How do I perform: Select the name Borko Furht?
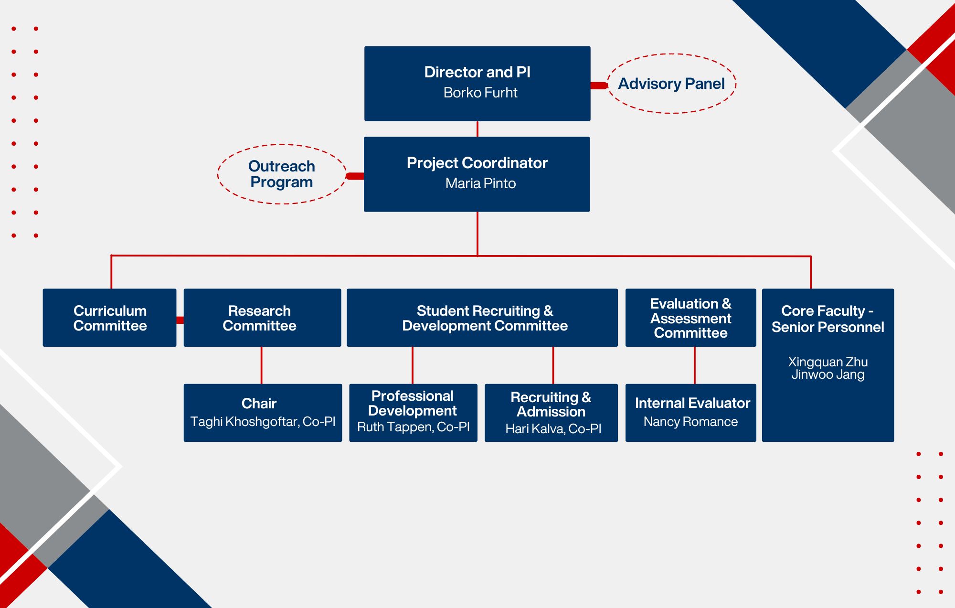coord(480,93)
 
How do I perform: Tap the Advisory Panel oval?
coord(671,84)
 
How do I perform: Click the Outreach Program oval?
coord(282,174)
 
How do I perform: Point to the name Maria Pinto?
coord(480,183)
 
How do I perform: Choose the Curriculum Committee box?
coord(110,318)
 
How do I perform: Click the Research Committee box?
coord(262,318)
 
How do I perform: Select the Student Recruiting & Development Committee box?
coord(482,318)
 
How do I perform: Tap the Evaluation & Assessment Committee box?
coord(690,318)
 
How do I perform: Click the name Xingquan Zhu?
coord(828,362)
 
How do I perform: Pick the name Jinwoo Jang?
coord(828,374)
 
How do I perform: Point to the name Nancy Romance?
coord(690,422)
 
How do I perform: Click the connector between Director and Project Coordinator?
coord(477,129)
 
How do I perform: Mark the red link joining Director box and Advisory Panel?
coord(599,85)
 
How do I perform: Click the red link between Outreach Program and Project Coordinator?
coord(355,176)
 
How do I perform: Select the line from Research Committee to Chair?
coord(261,365)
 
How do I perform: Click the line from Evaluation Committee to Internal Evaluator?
coord(695,365)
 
